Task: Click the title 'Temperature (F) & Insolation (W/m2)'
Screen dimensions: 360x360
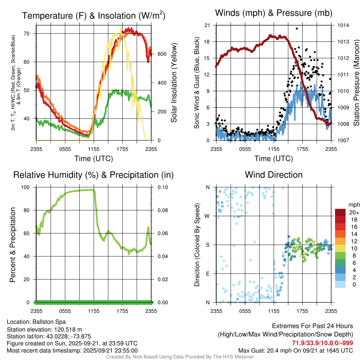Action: pyautogui.click(x=94, y=15)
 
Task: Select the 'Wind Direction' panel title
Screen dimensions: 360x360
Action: pyautogui.click(x=274, y=175)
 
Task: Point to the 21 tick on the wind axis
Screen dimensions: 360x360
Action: pyautogui.click(x=207, y=25)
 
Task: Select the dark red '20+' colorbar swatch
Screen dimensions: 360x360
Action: pyautogui.click(x=341, y=212)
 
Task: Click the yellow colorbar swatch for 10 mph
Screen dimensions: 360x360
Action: pyautogui.click(x=341, y=248)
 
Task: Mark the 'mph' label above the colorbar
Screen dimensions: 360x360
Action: pyautogui.click(x=354, y=205)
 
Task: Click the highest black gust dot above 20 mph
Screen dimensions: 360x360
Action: pyautogui.click(x=297, y=28)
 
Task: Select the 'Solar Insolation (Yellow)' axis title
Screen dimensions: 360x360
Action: pyautogui.click(x=174, y=83)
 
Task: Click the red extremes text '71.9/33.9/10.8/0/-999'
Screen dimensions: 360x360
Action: pyautogui.click(x=322, y=343)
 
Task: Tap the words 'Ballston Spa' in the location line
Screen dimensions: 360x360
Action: pyautogui.click(x=49, y=322)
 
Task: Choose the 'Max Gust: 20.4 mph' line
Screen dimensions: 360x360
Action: pyautogui.click(x=296, y=350)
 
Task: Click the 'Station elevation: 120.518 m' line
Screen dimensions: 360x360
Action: pyautogui.click(x=44, y=329)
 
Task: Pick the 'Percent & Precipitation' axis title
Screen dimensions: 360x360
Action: pyautogui.click(x=12, y=245)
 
